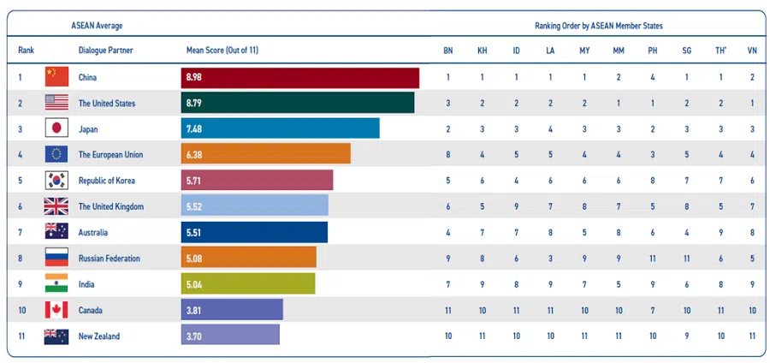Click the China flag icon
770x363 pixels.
tap(56, 77)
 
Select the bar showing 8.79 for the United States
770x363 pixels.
tap(298, 103)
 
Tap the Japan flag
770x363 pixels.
tap(56, 129)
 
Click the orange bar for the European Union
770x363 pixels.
tap(266, 155)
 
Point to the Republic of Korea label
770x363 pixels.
tap(106, 181)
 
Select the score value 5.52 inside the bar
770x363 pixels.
tap(198, 207)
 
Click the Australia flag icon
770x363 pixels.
tap(56, 232)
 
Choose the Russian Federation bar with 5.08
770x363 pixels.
tap(249, 259)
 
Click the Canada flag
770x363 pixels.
tap(56, 310)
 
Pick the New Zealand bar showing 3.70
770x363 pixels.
tap(231, 336)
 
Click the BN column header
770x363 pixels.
tap(447, 51)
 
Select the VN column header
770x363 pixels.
tap(752, 51)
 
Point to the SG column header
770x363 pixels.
tap(686, 51)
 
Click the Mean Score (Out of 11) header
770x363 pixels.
tap(222, 51)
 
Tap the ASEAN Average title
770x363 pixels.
tap(96, 26)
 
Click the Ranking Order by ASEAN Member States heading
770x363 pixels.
tap(599, 26)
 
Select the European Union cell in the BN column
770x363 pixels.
tap(447, 155)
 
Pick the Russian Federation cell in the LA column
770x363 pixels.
tap(550, 259)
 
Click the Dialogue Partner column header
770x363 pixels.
tap(105, 51)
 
